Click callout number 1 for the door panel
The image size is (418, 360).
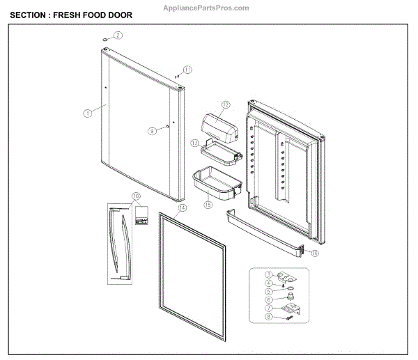pyautogui.click(x=87, y=112)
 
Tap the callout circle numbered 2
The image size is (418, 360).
pyautogui.click(x=118, y=34)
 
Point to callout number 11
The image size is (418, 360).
pyautogui.click(x=187, y=68)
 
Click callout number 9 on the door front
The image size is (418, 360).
pyautogui.click(x=150, y=130)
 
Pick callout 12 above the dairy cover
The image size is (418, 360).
pyautogui.click(x=226, y=106)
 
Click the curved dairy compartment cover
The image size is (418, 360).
pyautogui.click(x=219, y=126)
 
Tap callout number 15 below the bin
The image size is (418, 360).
pyautogui.click(x=207, y=205)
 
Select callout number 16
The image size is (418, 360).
pyautogui.click(x=315, y=253)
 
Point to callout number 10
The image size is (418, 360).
pyautogui.click(x=135, y=196)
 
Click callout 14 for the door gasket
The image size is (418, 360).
pyautogui.click(x=183, y=208)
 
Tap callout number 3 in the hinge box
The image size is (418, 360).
pyautogui.click(x=268, y=276)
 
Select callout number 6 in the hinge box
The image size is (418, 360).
pyautogui.click(x=268, y=299)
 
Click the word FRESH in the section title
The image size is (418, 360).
pyautogui.click(x=71, y=15)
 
